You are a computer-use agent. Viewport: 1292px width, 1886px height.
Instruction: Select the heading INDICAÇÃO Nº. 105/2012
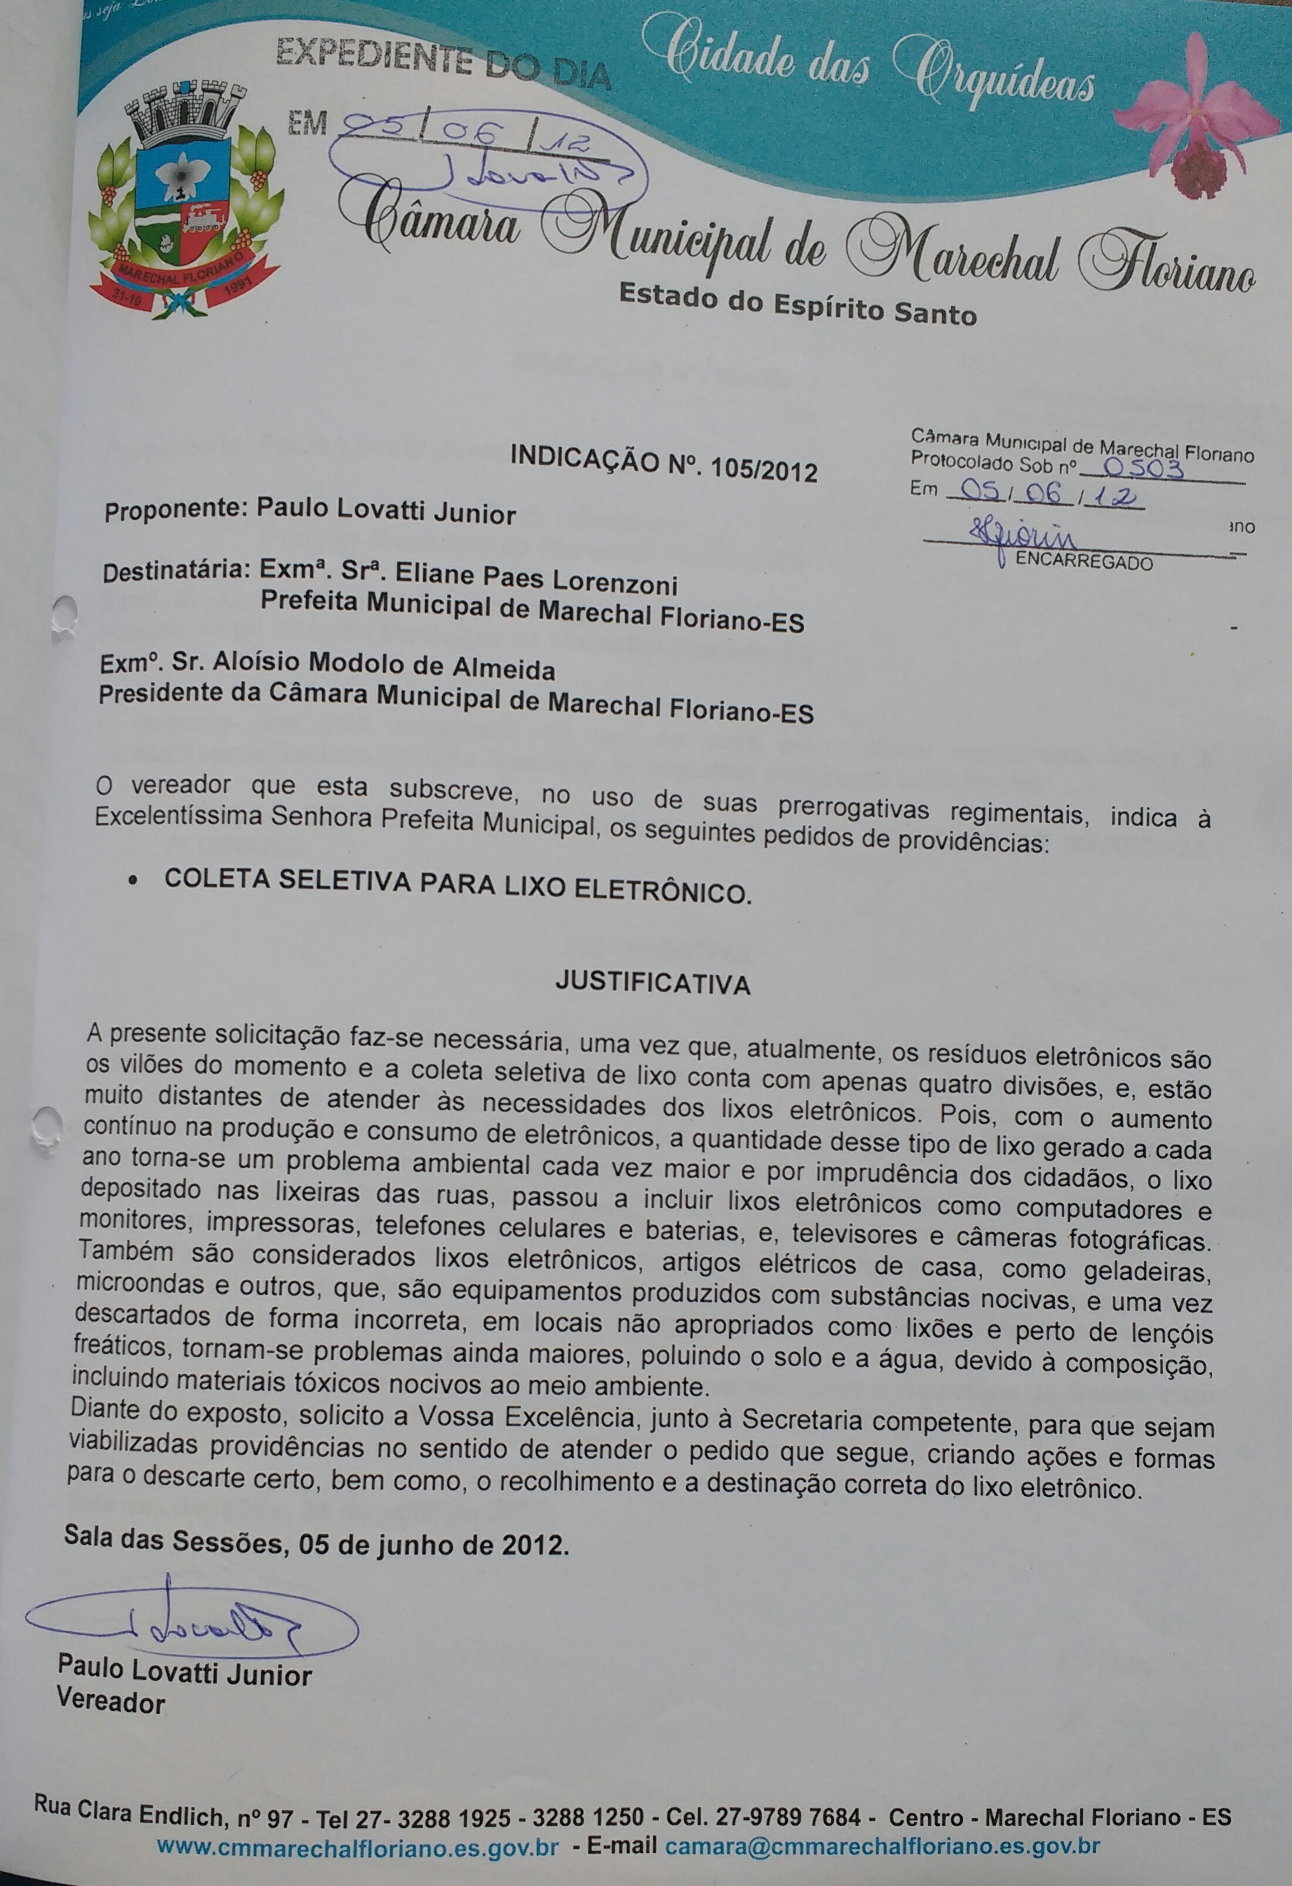[663, 464]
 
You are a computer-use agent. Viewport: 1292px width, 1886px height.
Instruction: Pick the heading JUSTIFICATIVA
[653, 983]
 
